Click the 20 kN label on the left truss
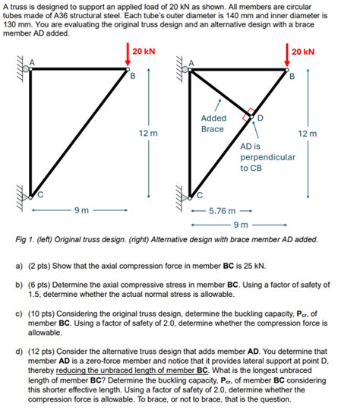(144, 52)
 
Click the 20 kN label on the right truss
(303, 52)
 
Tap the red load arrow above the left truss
(128, 55)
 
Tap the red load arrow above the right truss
(287, 55)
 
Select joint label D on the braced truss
(260, 118)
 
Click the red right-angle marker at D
(248, 115)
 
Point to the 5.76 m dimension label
(222, 211)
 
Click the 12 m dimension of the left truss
(148, 133)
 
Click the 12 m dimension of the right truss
(308, 134)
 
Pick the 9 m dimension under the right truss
(241, 225)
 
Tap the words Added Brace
(213, 124)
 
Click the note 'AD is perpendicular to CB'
(267, 157)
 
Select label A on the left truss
(32, 62)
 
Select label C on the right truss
(200, 195)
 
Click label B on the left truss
(133, 76)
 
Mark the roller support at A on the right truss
(185, 69)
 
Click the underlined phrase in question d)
(131, 371)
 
